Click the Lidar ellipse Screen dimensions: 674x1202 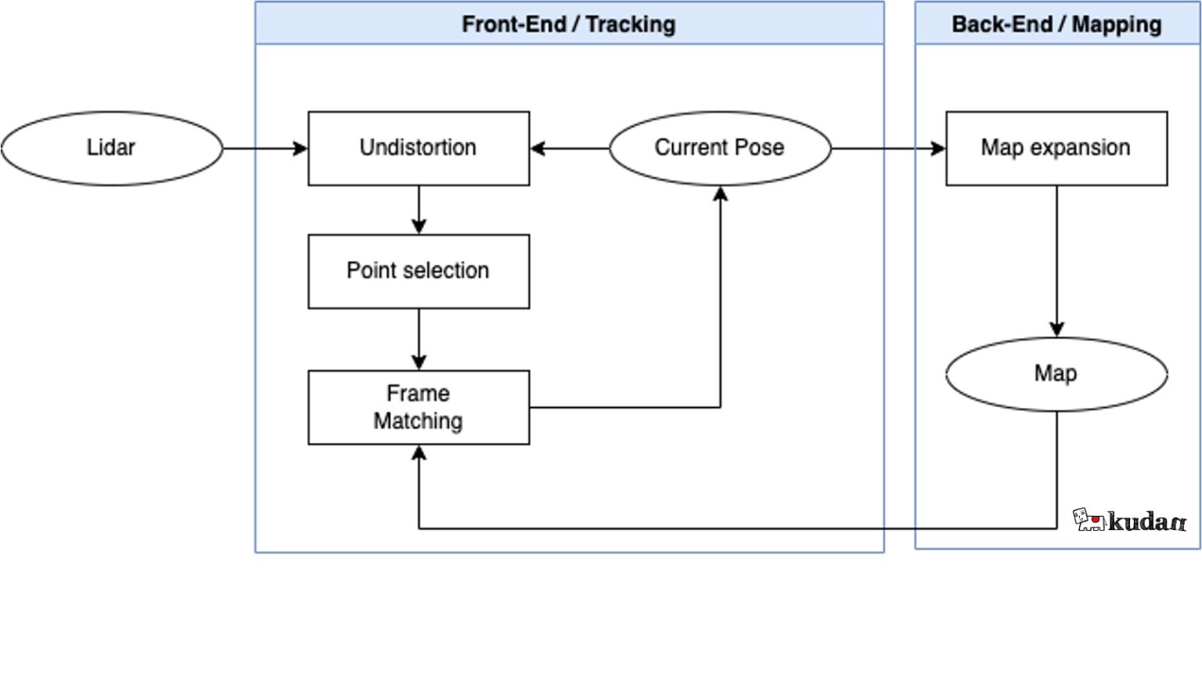point(111,148)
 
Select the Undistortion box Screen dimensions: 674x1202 point(418,148)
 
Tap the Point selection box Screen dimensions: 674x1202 point(418,271)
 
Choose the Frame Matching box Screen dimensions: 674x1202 point(418,407)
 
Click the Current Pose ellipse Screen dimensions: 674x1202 point(719,148)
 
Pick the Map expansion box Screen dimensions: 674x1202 point(1056,148)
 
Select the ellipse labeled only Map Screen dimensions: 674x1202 point(1056,373)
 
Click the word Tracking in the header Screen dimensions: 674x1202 point(630,24)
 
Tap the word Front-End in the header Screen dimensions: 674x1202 point(513,24)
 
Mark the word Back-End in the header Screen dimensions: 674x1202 point(1002,24)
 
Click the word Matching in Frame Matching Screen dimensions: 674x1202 point(418,421)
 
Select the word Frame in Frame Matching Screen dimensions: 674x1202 point(418,393)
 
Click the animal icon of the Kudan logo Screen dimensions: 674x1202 point(1088,520)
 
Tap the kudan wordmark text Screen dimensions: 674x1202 point(1147,521)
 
